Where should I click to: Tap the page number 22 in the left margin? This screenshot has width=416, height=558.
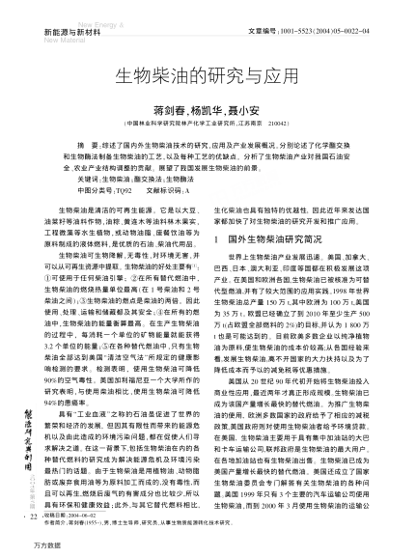click(x=22, y=517)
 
